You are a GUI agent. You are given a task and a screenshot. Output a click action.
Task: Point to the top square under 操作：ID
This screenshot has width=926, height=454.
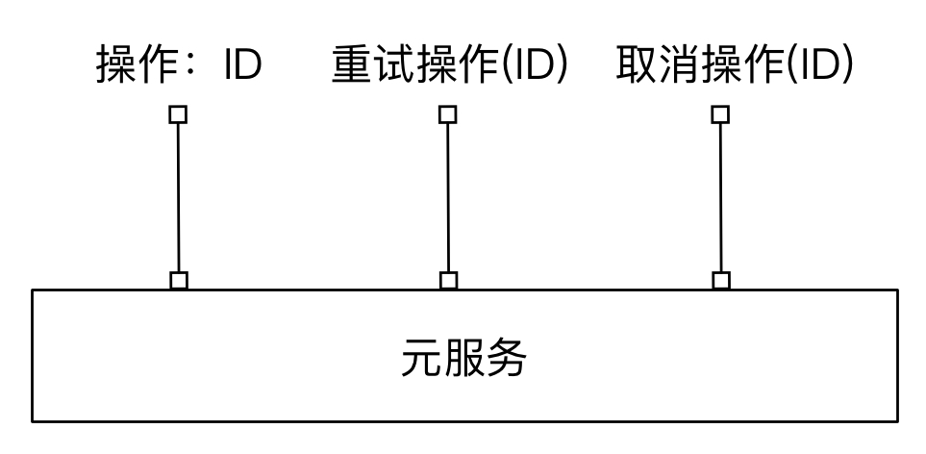[x=178, y=114]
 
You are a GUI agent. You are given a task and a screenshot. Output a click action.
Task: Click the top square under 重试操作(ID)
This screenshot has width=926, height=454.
[x=447, y=114]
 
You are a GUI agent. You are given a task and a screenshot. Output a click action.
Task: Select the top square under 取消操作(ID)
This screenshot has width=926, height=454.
[x=720, y=114]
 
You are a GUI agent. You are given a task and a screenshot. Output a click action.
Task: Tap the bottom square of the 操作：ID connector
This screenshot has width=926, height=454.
[x=178, y=280]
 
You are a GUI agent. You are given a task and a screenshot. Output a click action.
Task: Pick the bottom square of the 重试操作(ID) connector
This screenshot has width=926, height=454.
[x=447, y=280]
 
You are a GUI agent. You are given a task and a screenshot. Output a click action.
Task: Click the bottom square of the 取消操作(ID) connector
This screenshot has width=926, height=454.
[x=720, y=280]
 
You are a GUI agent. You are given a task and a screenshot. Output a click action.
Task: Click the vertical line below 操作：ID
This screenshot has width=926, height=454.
[x=178, y=197]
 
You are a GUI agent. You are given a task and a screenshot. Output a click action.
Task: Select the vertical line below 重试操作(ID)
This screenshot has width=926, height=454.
[x=447, y=197]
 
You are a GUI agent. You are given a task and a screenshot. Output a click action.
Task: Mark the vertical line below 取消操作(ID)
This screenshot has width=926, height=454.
[x=720, y=197]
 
